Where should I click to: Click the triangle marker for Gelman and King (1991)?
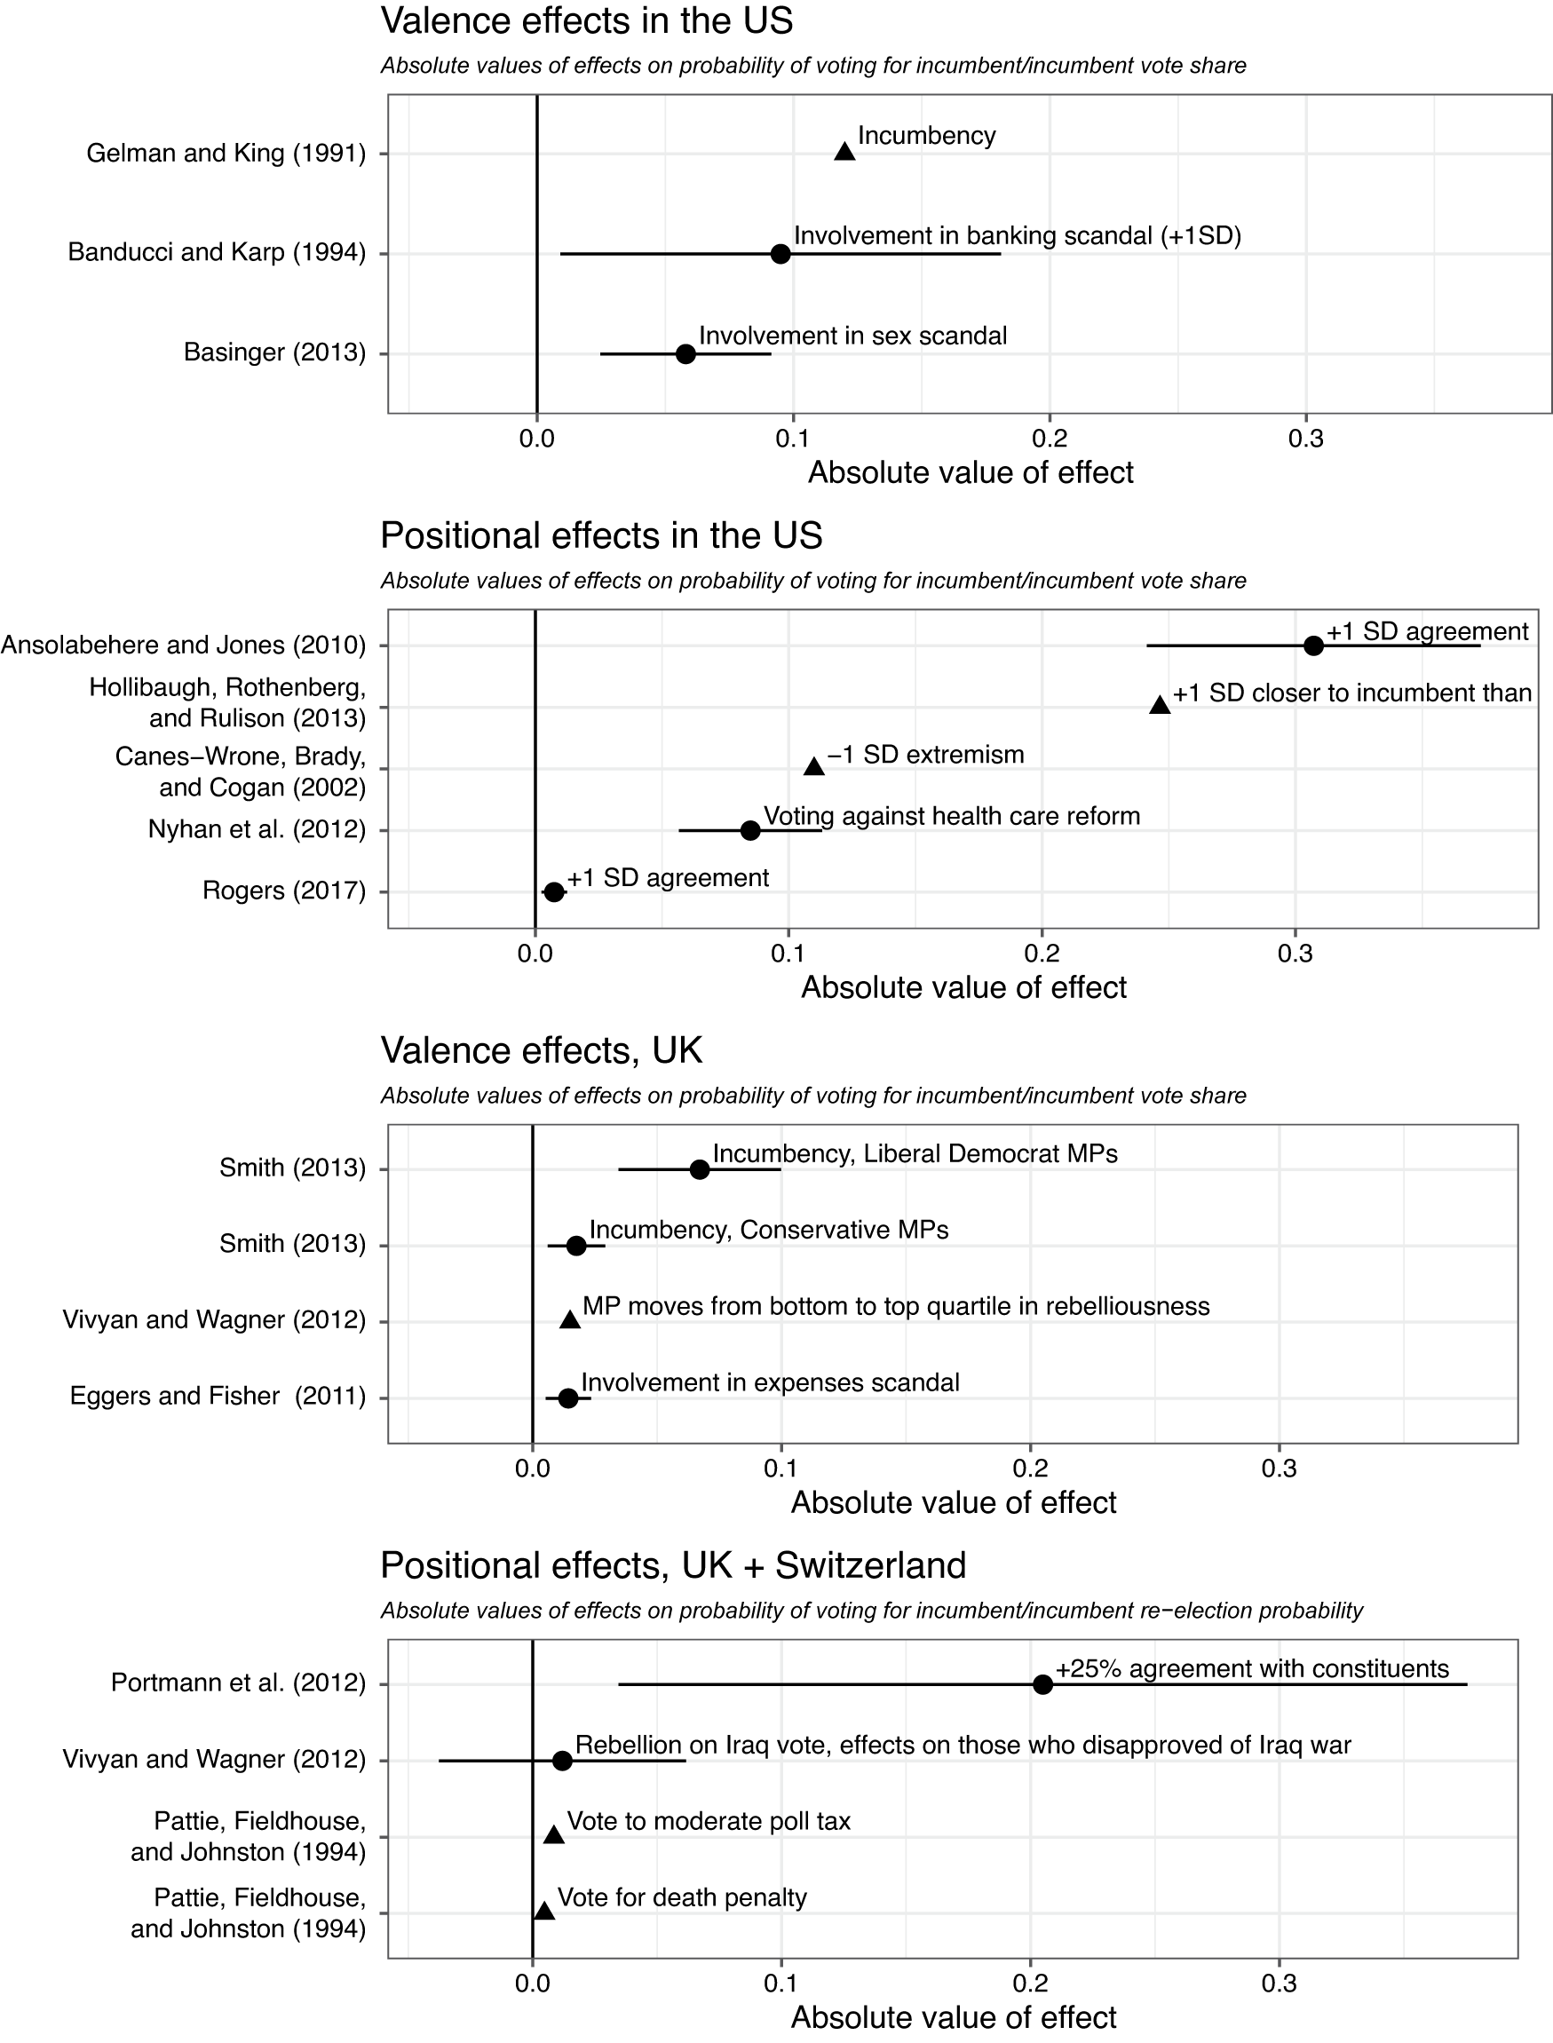844,152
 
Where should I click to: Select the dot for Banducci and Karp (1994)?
780,253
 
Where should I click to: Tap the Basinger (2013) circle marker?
685,353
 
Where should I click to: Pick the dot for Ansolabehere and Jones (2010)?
1312,645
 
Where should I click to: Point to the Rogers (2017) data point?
554,891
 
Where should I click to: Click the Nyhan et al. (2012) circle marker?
750,830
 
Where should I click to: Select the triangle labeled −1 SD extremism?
813,766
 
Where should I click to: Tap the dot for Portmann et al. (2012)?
1042,1684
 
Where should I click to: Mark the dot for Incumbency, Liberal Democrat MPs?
700,1169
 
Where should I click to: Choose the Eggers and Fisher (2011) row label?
218,1396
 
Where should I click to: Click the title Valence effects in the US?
587,21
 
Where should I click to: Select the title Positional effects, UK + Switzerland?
673,1565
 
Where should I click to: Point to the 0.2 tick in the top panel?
1050,439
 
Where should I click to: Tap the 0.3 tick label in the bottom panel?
1279,1983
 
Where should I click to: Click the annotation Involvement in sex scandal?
852,336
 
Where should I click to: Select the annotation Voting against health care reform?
951,816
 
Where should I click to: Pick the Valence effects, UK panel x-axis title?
953,1502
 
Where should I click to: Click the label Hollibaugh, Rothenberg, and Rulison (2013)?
228,702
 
